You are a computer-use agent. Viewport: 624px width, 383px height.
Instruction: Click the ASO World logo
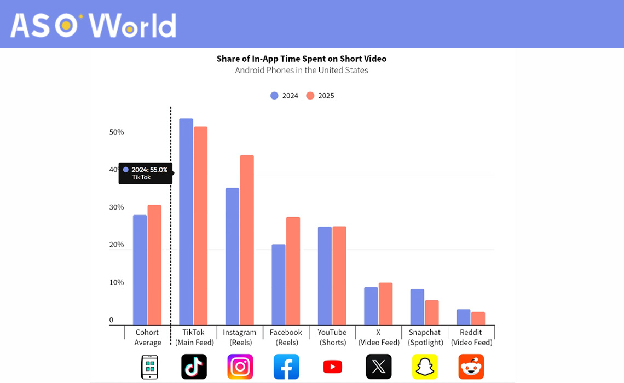click(93, 25)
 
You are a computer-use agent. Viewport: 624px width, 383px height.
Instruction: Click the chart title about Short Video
click(301, 59)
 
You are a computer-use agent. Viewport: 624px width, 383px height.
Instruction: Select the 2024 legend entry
click(284, 96)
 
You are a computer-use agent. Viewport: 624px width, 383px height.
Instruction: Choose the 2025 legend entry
click(320, 96)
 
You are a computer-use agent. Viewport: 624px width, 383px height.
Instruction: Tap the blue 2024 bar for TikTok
click(186, 222)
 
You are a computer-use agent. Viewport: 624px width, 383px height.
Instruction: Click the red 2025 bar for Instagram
click(247, 241)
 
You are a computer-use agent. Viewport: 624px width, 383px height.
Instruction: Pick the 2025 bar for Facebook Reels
click(293, 271)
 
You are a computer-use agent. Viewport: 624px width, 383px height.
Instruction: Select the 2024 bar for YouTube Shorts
click(325, 276)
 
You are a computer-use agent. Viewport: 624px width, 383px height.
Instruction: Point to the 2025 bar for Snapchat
click(432, 312)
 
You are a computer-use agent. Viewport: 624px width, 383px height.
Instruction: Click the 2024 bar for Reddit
click(464, 317)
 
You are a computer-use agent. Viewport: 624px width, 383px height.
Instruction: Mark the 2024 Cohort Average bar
click(140, 270)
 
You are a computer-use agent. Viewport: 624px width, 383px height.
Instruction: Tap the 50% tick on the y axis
click(117, 132)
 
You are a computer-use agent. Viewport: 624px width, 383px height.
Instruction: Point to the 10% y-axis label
click(117, 282)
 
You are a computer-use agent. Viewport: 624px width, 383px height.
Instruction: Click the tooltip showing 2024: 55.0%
click(145, 173)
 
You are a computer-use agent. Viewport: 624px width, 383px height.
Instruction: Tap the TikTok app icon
click(194, 367)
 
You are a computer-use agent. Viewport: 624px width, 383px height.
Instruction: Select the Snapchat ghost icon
click(425, 367)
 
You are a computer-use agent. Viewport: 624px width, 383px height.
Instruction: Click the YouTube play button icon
click(332, 367)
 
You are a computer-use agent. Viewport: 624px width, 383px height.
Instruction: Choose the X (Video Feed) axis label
click(378, 338)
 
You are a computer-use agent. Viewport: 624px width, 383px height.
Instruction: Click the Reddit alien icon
click(471, 367)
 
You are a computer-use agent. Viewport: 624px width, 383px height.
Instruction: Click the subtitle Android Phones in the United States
click(301, 71)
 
